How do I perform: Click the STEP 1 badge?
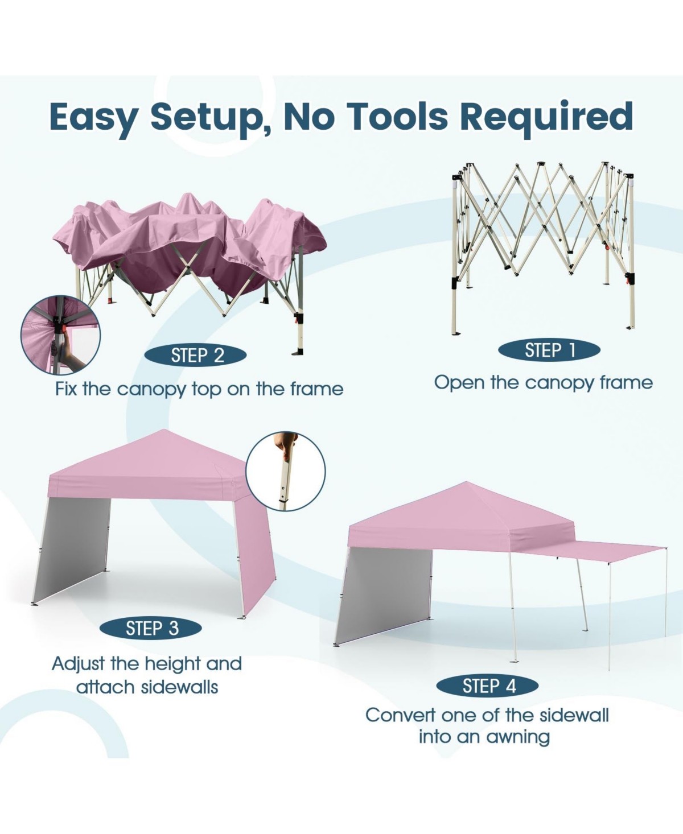tap(549, 350)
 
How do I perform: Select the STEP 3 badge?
tap(151, 628)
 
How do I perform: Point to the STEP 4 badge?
tap(488, 686)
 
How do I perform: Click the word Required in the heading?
tap(546, 117)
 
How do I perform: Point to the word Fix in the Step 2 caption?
tap(66, 389)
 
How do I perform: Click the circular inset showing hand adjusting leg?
tap(285, 472)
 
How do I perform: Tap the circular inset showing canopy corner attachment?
tap(60, 335)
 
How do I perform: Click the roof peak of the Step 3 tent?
tap(164, 430)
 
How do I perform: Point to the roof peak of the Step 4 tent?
tap(466, 482)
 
